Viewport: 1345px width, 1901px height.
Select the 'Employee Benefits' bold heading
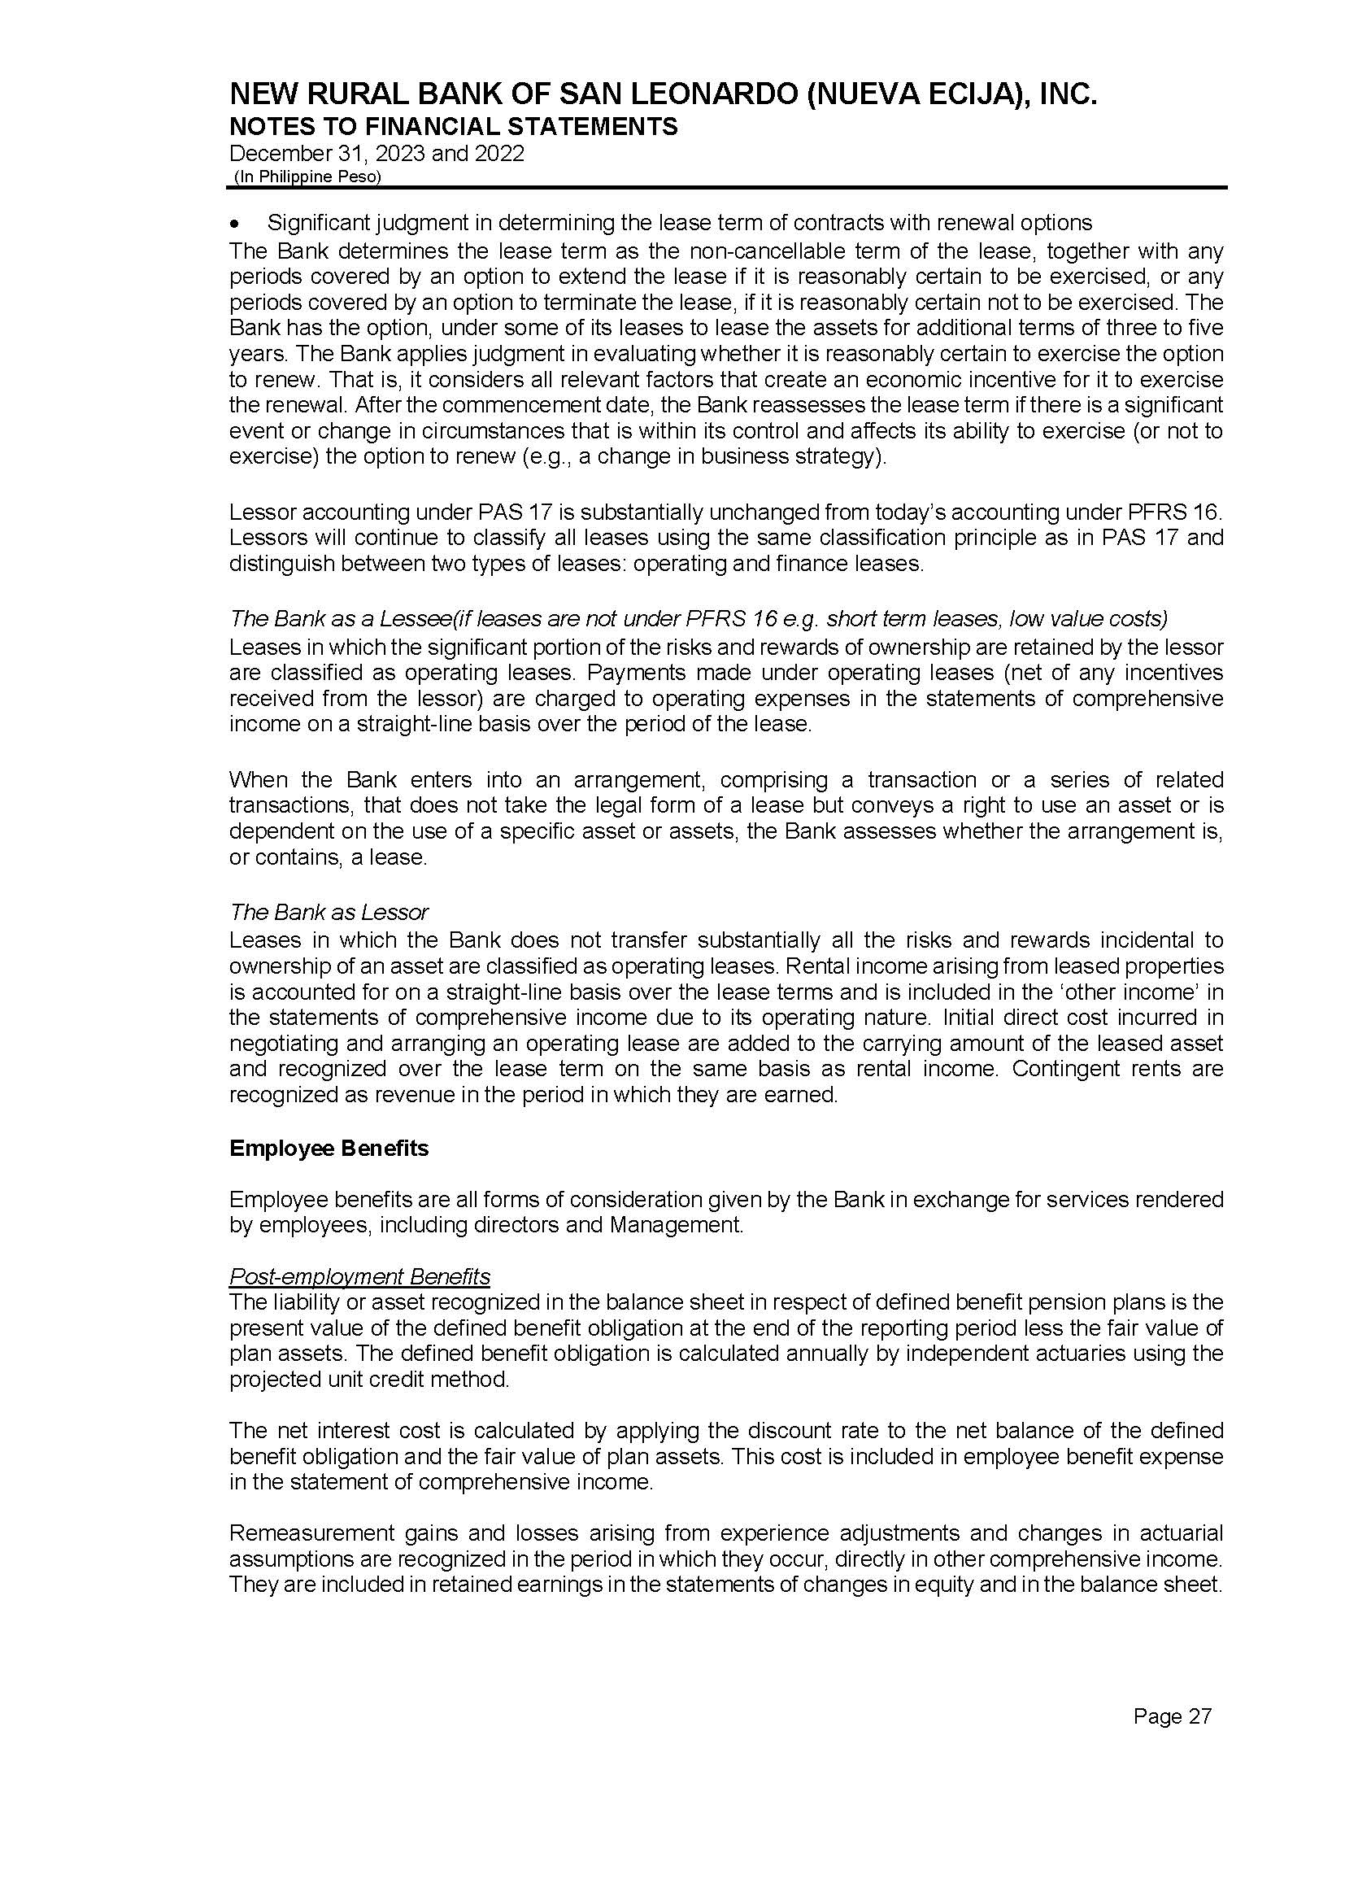(x=329, y=1148)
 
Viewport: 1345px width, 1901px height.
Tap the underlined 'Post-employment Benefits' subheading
(x=359, y=1276)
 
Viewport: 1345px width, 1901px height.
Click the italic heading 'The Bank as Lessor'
(x=329, y=912)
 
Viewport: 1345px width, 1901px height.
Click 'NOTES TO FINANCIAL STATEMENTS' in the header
(x=453, y=126)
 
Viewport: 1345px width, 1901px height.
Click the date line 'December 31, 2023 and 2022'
(x=376, y=153)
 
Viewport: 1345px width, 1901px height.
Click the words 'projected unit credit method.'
(x=369, y=1379)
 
